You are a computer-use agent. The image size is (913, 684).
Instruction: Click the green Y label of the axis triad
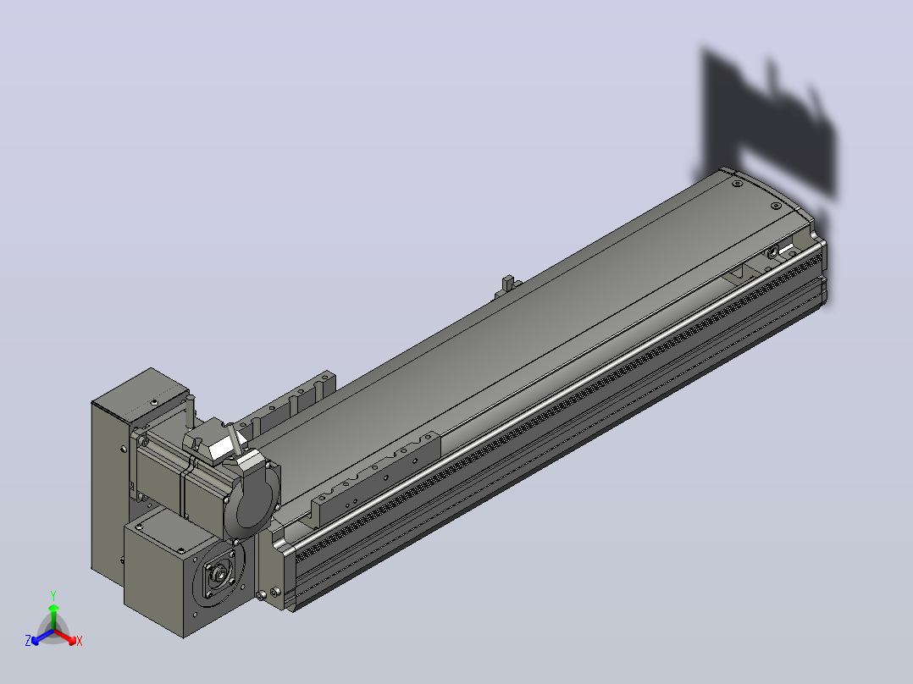(53, 595)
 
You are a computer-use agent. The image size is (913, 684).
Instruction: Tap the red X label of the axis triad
(80, 641)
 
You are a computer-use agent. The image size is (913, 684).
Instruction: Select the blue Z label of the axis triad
(28, 641)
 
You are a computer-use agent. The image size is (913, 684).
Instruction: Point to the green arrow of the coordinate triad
(53, 617)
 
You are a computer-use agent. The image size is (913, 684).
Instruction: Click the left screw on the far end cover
(737, 184)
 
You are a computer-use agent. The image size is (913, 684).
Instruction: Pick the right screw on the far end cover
(776, 206)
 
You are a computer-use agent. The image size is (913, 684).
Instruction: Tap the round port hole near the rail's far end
(772, 252)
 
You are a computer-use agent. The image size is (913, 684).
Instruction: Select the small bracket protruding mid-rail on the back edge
(507, 286)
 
